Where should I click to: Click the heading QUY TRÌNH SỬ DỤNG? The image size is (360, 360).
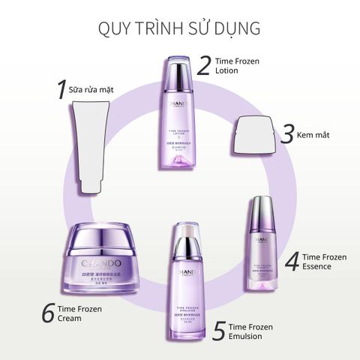click(179, 29)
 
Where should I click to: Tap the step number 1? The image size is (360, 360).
click(62, 90)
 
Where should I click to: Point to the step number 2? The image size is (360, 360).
click(203, 65)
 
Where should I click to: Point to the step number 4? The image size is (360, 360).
click(293, 262)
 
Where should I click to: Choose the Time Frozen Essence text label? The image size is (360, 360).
click(324, 262)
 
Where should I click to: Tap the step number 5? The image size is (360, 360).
click(218, 331)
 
